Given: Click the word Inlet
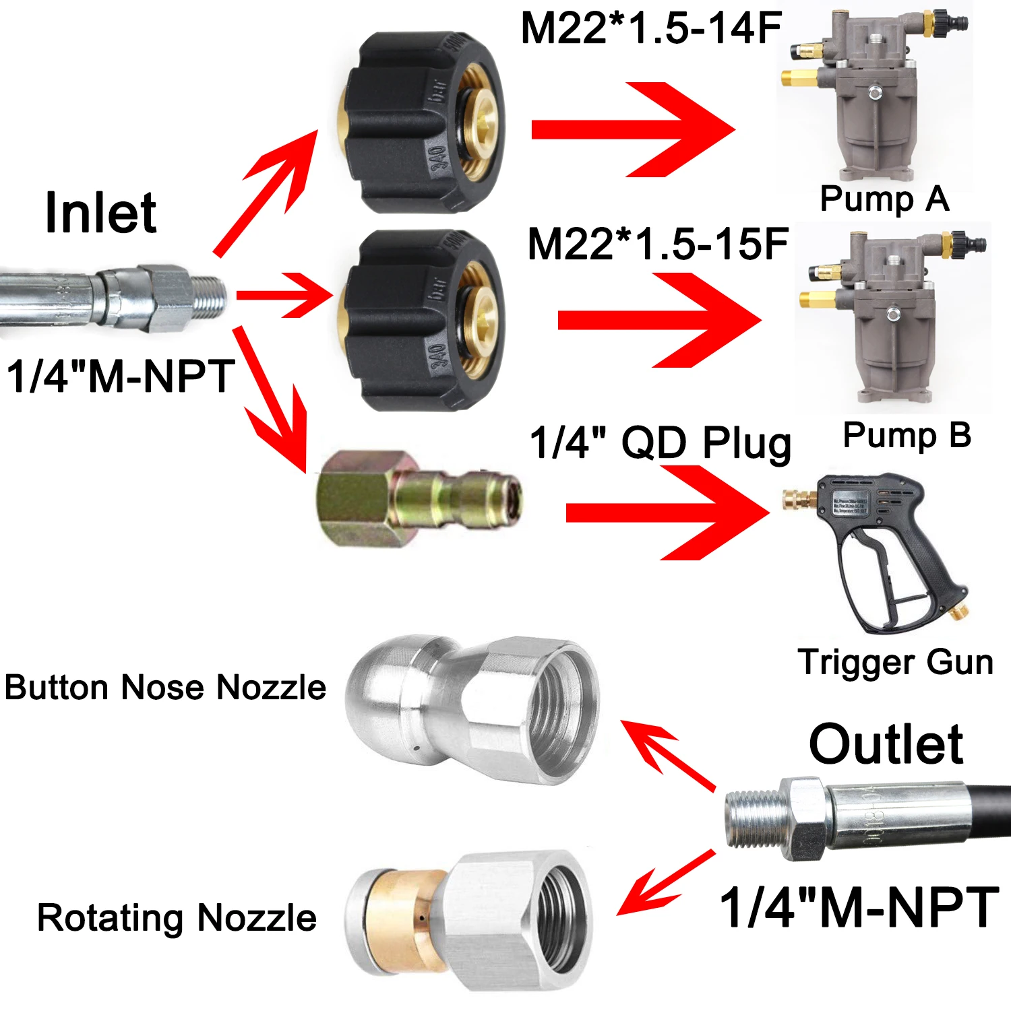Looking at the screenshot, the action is click(101, 213).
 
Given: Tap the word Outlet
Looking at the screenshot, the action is click(886, 744).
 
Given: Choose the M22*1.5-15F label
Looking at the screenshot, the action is click(657, 243).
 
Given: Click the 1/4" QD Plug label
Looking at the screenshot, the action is click(661, 442).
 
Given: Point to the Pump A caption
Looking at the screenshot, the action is click(884, 199).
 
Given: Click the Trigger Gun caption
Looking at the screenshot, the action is click(895, 661).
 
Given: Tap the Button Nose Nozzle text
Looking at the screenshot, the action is click(165, 688).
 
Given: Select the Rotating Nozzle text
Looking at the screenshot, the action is click(177, 917).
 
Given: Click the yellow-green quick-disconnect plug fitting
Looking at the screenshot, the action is click(418, 498).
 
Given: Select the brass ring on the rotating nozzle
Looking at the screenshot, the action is click(404, 919).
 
